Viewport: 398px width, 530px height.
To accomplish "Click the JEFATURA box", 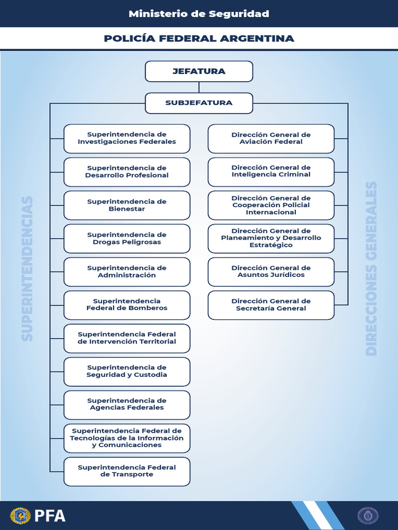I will coord(199,71).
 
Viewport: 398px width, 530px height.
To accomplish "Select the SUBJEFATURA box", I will coord(199,103).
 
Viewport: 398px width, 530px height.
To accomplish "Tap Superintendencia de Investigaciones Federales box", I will coord(127,138).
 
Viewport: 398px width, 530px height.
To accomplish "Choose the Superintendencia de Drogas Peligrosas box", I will coord(127,239).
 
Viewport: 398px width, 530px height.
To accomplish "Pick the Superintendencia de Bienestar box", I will coord(127,205).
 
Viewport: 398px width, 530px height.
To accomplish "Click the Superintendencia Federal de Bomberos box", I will coord(127,305).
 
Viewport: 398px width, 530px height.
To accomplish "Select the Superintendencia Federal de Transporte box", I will coord(127,471).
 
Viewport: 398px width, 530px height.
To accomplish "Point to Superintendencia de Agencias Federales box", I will coord(127,404).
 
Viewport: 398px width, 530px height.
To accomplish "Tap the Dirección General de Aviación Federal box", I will coord(271,138).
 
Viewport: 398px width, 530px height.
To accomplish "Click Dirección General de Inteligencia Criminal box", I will coord(271,171).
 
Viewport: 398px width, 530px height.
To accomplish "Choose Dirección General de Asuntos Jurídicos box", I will coord(271,272).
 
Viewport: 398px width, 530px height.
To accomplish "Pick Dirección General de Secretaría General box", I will coord(271,305).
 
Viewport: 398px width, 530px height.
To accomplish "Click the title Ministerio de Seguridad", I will coord(199,14).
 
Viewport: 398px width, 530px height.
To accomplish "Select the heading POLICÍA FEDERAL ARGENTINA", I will coord(199,39).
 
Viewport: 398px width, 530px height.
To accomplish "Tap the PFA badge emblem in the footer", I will coord(21,516).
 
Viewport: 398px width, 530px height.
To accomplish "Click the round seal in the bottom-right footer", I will coord(368,516).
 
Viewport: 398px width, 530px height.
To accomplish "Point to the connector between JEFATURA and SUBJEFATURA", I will coord(199,87).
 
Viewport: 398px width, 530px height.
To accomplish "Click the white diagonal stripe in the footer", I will coord(317,516).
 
